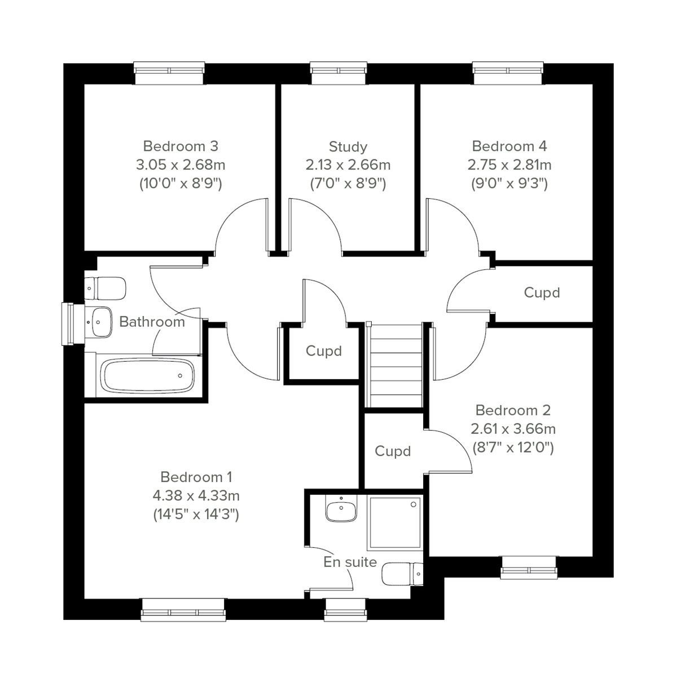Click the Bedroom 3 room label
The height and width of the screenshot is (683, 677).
click(x=181, y=147)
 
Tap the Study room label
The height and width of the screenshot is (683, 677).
click(x=348, y=147)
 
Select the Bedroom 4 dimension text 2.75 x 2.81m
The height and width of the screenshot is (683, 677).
click(x=509, y=165)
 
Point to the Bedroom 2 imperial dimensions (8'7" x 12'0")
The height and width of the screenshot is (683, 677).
click(x=513, y=447)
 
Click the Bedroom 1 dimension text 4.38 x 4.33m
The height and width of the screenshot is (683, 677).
click(x=196, y=496)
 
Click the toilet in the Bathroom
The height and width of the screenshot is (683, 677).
click(x=105, y=288)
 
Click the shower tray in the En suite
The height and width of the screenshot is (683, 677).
click(x=394, y=522)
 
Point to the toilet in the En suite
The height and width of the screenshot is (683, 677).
click(x=402, y=575)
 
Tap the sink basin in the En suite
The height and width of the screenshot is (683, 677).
click(x=341, y=511)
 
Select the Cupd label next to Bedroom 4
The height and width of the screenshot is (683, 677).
click(x=542, y=293)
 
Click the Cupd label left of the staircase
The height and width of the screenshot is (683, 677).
click(x=324, y=351)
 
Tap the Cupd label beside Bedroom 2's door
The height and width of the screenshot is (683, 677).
click(x=393, y=451)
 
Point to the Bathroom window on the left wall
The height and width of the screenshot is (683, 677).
click(x=68, y=324)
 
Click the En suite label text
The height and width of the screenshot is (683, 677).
click(x=350, y=562)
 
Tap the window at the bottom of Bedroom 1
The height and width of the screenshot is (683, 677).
click(x=183, y=611)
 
